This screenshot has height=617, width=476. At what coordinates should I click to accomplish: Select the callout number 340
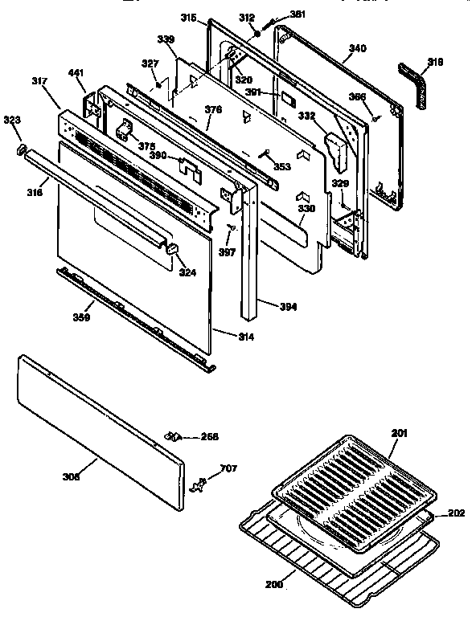tap(356, 49)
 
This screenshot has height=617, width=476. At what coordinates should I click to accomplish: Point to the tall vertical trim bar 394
tap(248, 257)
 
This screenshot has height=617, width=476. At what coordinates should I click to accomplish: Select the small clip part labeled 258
tap(171, 436)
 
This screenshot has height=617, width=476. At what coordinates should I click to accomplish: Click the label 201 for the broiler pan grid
tap(399, 434)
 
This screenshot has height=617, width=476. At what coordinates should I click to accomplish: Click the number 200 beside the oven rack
tap(274, 584)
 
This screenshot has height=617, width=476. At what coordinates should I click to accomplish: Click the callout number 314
tap(246, 337)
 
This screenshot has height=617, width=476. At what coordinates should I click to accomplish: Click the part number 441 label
tap(76, 74)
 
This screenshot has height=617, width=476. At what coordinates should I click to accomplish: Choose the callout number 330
tap(305, 209)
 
